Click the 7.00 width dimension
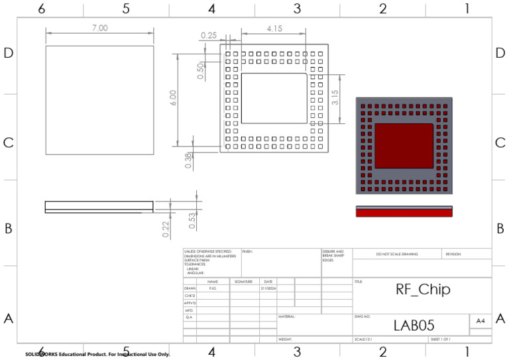[x=99, y=28]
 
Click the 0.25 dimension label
[x=209, y=35]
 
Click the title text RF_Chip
[x=423, y=290]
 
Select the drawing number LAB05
[x=414, y=325]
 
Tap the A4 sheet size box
[x=480, y=321]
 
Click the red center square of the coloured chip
[x=404, y=145]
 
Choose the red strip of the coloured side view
[x=404, y=213]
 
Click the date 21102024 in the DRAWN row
[x=268, y=288]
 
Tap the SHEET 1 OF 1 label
[x=441, y=339]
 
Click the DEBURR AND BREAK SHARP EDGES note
[x=333, y=256]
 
